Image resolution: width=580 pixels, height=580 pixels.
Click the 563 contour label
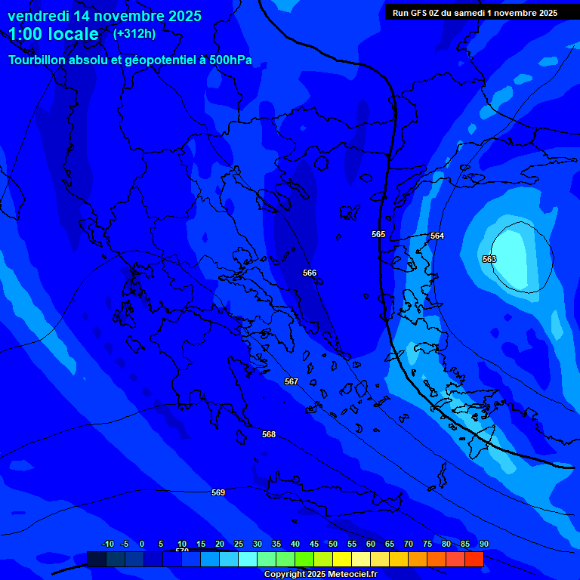click(489, 259)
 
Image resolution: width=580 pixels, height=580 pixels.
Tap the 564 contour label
click(437, 236)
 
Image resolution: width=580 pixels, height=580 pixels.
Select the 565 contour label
click(378, 234)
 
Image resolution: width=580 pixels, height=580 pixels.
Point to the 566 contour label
click(310, 273)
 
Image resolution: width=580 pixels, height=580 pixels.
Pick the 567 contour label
click(292, 381)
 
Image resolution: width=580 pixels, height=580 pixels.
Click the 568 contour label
click(269, 434)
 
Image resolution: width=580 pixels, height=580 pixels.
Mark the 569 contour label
click(218, 492)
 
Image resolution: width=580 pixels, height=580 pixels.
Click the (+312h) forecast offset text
click(134, 33)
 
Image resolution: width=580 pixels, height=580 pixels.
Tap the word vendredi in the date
click(38, 16)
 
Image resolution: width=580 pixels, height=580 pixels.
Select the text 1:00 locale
click(54, 34)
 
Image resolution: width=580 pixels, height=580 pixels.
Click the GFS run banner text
click(475, 13)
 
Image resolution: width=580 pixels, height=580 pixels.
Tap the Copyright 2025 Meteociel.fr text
click(320, 575)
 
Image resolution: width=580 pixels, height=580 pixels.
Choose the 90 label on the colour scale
click(483, 544)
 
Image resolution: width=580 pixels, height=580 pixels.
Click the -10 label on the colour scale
click(107, 544)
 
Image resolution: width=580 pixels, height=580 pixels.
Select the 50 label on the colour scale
click(333, 544)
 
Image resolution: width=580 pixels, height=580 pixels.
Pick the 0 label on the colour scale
click(142, 544)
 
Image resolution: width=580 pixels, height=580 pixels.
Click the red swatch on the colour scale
click(474, 559)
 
